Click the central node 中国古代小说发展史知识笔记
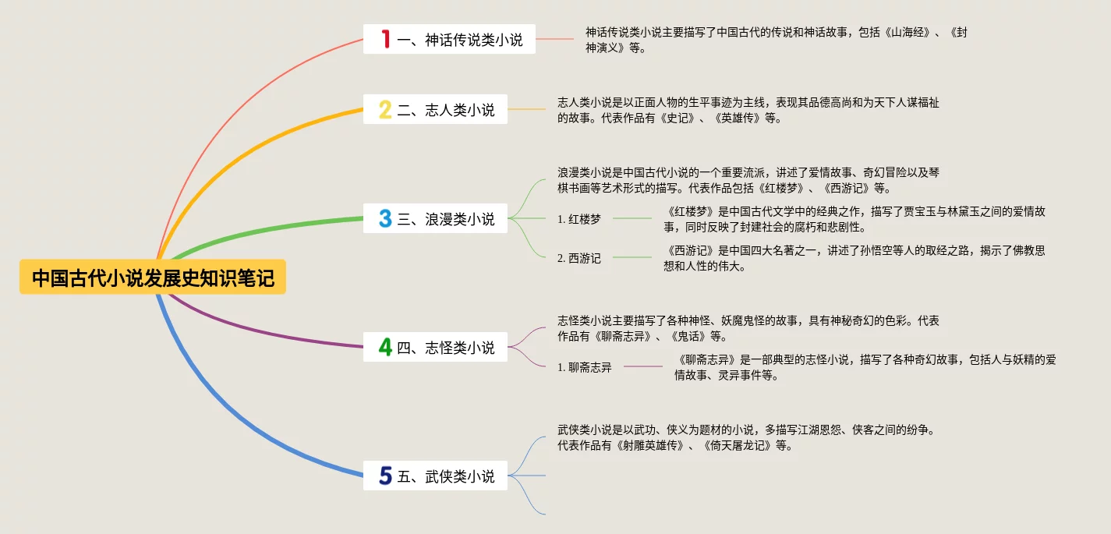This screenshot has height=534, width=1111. tap(153, 278)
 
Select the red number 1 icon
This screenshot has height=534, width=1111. tap(385, 39)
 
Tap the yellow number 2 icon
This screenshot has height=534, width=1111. tap(385, 110)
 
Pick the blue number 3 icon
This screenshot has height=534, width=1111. tap(385, 219)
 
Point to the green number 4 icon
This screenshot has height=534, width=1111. tap(385, 347)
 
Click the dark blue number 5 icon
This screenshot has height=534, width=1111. tap(385, 476)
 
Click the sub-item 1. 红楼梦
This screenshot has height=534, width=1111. tap(579, 219)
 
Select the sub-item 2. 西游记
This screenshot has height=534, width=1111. tap(579, 258)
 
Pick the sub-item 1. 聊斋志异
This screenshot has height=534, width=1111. tap(585, 367)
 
